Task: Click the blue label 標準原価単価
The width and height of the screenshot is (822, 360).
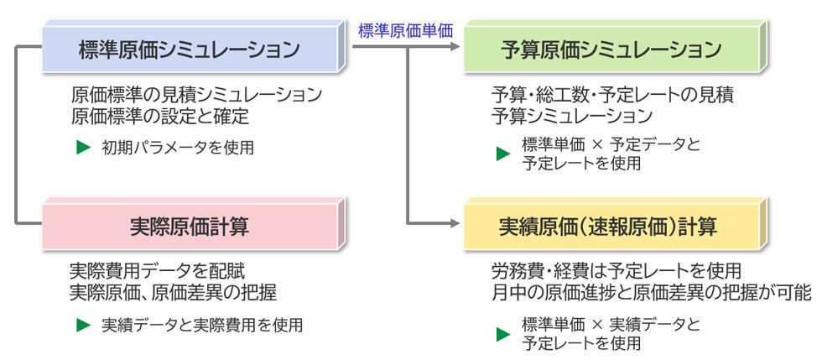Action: point(405,30)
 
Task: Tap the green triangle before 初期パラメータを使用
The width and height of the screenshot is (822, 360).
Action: point(82,148)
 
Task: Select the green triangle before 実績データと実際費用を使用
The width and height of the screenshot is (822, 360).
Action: point(82,324)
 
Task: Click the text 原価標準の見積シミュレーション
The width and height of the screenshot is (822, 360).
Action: point(196,94)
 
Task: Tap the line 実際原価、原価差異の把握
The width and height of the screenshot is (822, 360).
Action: point(173,292)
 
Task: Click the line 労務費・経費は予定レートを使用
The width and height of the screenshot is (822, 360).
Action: point(616,271)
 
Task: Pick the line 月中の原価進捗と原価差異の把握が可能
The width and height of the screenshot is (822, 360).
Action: point(651,292)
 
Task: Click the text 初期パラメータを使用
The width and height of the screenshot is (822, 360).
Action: point(177,148)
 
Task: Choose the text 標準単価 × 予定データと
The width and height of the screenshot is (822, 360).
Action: point(610,144)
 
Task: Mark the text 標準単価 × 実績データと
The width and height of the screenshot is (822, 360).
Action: point(610,324)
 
